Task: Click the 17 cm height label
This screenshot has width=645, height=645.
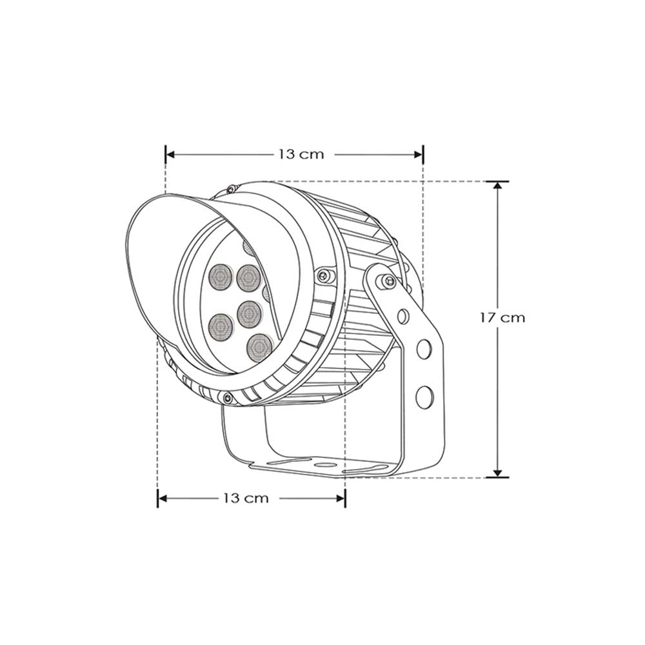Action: pos(502,317)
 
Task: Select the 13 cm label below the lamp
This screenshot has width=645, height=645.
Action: pos(245,498)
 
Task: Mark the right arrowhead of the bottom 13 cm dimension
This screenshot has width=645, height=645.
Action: pos(341,498)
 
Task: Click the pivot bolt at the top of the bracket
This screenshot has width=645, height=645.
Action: pos(387,281)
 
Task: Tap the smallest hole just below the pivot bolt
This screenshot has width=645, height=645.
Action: pos(403,316)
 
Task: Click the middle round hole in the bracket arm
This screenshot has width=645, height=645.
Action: pos(424,349)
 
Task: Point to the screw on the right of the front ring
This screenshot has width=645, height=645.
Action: pos(322,275)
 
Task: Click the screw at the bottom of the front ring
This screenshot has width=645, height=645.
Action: pos(227,398)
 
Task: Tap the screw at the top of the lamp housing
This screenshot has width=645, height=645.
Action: pos(230,188)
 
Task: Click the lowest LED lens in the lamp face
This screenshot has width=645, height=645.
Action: pos(259,347)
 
